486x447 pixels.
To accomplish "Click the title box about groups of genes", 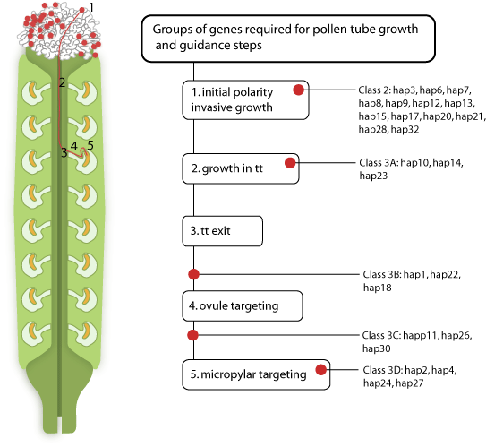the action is tap(288, 39).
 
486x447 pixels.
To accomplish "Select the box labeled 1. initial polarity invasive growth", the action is tap(245, 100).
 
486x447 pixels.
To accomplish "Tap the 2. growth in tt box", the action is tap(241, 168).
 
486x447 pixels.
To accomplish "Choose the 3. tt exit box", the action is tap(223, 231).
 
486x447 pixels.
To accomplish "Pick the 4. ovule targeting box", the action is tap(243, 305).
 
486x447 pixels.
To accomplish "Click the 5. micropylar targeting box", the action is tap(256, 374).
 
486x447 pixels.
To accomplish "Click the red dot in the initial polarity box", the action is tap(298, 90).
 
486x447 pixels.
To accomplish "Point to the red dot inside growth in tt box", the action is tap(290, 163).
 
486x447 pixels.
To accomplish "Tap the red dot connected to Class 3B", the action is tap(193, 274).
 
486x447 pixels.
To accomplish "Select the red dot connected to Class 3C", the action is tap(192, 335).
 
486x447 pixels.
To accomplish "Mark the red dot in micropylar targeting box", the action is tap(321, 369).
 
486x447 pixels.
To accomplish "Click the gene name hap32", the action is tap(405, 129).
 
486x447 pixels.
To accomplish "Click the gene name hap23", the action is tap(373, 176).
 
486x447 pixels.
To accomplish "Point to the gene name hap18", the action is tap(378, 288).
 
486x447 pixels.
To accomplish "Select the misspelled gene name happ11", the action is tap(421, 335).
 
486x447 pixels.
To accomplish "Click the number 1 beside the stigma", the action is tap(90, 7).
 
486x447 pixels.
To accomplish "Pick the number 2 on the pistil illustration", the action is tap(62, 82).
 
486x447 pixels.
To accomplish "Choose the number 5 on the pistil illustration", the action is tap(90, 145).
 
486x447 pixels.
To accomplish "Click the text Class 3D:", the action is tap(383, 370).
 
